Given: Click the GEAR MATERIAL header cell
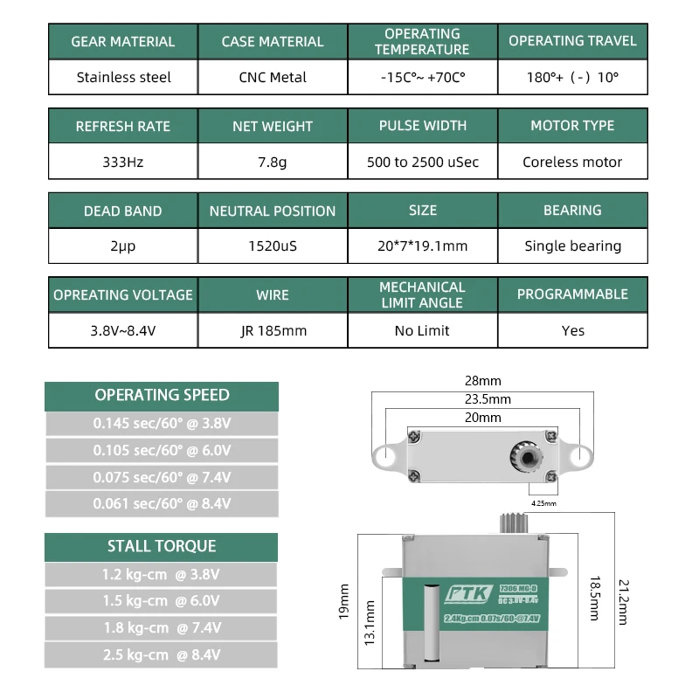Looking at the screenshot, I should [x=123, y=41].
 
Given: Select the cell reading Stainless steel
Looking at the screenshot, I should [x=123, y=77].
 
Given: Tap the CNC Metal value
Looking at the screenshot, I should [x=273, y=77].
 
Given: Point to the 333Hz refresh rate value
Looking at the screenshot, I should [x=123, y=162].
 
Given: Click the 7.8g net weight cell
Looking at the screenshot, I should [x=273, y=162].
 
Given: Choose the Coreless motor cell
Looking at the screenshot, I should [x=572, y=162].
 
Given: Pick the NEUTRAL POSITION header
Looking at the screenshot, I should [x=273, y=211].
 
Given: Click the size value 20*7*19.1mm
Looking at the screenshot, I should [x=423, y=246].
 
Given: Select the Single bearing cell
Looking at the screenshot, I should [x=572, y=246].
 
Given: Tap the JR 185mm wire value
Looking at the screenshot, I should [x=273, y=330].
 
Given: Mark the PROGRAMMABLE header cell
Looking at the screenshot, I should [x=572, y=294].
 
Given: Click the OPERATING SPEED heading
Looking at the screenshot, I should [x=162, y=395].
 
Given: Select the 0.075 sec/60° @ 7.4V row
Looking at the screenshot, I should [x=162, y=477].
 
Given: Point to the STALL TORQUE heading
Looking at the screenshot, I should [x=162, y=546].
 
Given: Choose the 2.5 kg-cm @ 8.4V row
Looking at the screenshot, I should [x=162, y=654].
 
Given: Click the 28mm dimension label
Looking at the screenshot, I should [x=482, y=381].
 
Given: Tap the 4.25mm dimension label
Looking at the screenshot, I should [x=543, y=503].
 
